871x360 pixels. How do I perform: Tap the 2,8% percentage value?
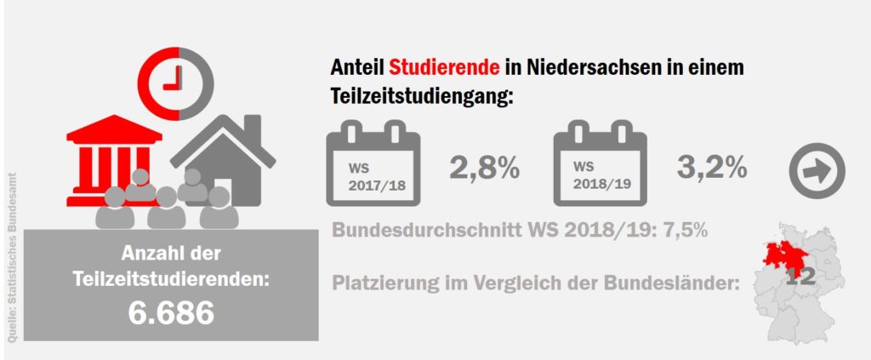tap(484, 169)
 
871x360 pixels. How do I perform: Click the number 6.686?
tap(171, 313)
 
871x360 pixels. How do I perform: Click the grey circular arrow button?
tap(817, 171)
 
